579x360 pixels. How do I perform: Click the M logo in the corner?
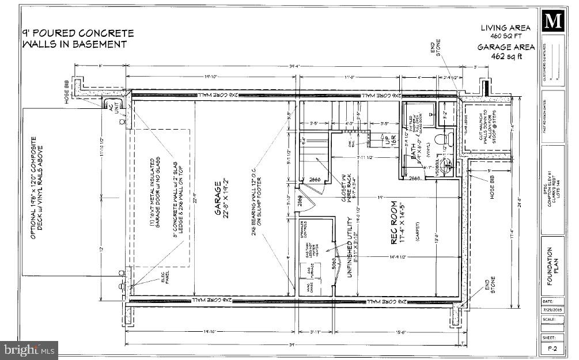553,22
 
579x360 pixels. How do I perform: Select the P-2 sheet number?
552,350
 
